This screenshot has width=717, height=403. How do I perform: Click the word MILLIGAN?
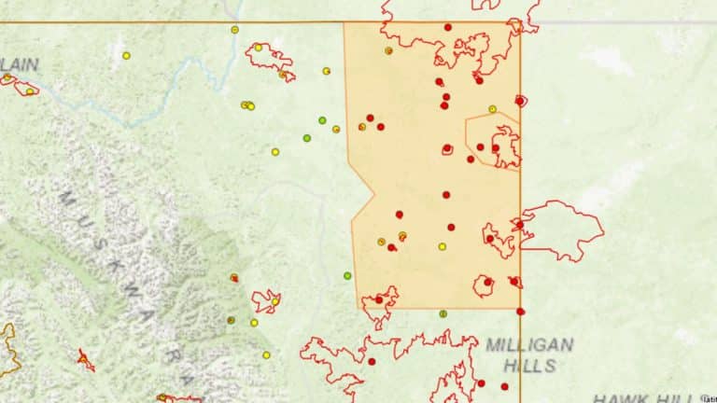[x=529, y=345]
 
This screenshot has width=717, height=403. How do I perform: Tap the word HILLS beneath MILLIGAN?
[x=529, y=367]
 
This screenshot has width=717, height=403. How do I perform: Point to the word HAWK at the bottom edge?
[x=620, y=397]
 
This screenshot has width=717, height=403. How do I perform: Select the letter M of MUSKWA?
[x=67, y=200]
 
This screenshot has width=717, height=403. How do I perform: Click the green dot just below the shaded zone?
[x=443, y=313]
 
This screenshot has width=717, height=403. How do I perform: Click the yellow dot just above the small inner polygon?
[x=492, y=109]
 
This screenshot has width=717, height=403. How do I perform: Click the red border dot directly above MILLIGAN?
[x=520, y=312]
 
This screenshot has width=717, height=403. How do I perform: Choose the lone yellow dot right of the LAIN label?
[x=126, y=56]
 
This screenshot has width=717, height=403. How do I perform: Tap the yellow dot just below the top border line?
[x=234, y=30]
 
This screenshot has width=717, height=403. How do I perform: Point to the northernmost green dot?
[x=322, y=120]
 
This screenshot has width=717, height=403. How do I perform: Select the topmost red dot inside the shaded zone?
[x=447, y=28]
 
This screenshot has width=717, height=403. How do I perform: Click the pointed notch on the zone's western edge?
[x=373, y=195]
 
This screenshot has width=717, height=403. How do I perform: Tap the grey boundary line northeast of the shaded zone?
[x=616, y=21]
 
